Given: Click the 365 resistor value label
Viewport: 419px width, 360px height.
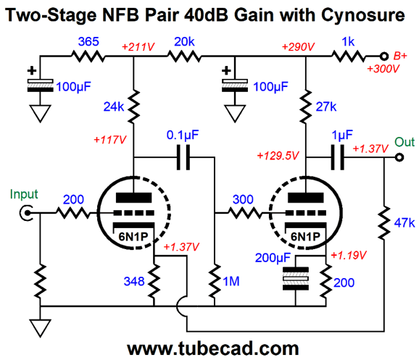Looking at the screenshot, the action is (x=88, y=42).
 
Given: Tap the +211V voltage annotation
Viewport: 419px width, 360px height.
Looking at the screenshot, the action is (x=138, y=47).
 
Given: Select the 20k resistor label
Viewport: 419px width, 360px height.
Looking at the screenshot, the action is (x=184, y=42).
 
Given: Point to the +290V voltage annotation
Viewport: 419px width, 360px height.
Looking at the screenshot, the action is (x=298, y=47).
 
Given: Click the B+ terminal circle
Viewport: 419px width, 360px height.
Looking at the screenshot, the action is (x=384, y=56).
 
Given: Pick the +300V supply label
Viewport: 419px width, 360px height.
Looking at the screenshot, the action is (x=383, y=69).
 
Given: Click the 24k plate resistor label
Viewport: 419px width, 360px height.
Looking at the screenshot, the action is (x=114, y=106).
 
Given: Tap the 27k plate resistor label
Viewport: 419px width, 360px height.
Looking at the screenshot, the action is (x=326, y=106).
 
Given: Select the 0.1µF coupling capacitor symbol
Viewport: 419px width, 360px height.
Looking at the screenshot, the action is (x=183, y=158).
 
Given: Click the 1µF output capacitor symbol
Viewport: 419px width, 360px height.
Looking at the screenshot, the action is (x=338, y=158).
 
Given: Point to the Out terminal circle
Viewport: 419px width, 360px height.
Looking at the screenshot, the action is (x=399, y=158).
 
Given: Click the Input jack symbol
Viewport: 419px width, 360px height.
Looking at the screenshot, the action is (x=26, y=213).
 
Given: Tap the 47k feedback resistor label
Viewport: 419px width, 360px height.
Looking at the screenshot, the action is (x=405, y=222).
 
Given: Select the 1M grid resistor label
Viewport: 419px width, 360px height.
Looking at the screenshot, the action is (x=231, y=281).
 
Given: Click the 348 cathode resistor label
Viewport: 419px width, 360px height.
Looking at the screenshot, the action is (x=134, y=281).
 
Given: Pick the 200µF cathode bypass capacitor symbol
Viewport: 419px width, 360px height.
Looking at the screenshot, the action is (x=296, y=279).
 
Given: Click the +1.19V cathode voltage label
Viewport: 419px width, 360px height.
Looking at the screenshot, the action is (x=349, y=255).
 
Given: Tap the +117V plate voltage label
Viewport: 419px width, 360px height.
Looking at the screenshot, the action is (x=109, y=140).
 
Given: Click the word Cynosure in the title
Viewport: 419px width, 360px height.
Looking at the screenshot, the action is (x=363, y=15).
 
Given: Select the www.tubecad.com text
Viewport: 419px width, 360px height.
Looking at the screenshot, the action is (x=212, y=348).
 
